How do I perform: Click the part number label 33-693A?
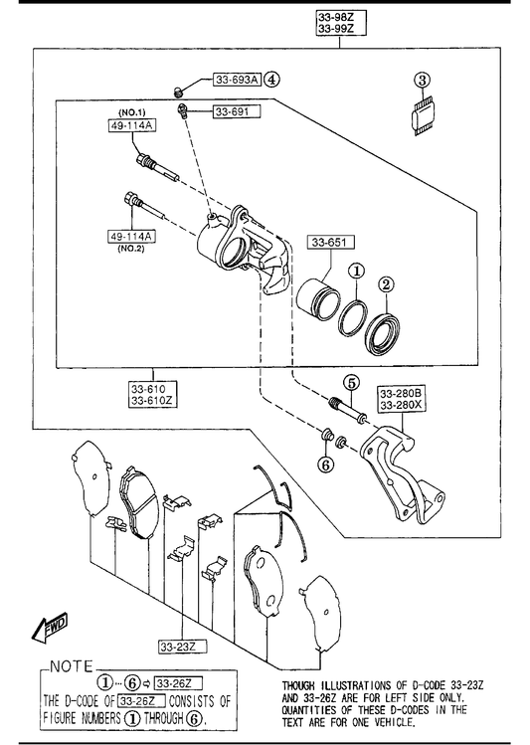(237, 80)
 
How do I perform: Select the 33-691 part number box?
(237, 111)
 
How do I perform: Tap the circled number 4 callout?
(271, 79)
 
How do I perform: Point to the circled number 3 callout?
(423, 80)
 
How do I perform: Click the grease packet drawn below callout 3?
(423, 116)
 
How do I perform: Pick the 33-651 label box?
(329, 243)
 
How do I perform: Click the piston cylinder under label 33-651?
(318, 299)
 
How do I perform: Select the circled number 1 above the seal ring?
(357, 272)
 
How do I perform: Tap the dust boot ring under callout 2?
(382, 334)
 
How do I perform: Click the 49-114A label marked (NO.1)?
(132, 125)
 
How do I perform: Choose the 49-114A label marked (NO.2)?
(132, 236)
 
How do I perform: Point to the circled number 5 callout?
(351, 383)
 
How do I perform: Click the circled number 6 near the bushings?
(326, 466)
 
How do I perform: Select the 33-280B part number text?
(401, 394)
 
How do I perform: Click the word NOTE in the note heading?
(72, 666)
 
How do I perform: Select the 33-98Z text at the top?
(336, 18)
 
